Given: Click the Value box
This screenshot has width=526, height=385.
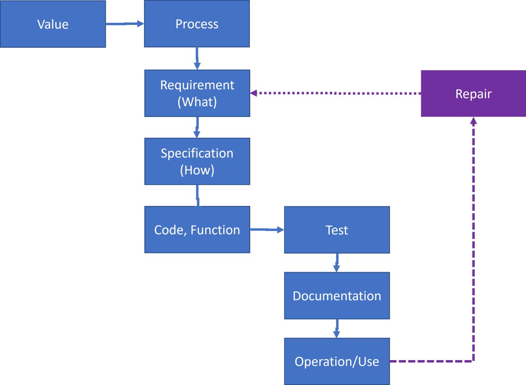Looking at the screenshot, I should pos(53,24).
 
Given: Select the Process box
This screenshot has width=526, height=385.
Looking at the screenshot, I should pos(197,24).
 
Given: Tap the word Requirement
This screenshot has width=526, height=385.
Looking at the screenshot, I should pos(197,85).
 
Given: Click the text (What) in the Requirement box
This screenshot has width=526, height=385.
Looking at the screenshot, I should pos(197,102).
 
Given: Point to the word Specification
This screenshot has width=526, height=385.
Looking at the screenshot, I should pos(197,153).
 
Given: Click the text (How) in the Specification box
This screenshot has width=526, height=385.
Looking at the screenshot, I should pos(197,170).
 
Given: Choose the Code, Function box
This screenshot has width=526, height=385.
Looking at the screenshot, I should pos(197,230).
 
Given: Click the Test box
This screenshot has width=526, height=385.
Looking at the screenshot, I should pos(337,230).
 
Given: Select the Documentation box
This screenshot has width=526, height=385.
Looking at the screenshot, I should pos(337,296).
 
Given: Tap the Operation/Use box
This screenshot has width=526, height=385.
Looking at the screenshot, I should pos(337,361).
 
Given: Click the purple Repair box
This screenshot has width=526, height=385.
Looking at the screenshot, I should pos(473,94).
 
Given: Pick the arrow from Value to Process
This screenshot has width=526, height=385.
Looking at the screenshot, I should pos(125,24).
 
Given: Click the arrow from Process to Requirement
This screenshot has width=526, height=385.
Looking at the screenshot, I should pos(197,58).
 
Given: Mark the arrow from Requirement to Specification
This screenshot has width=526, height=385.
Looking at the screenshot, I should pos(197,127).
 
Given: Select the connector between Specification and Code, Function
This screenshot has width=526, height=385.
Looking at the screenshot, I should pos(197,195).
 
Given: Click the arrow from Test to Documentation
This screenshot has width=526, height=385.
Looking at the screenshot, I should pos(336,262).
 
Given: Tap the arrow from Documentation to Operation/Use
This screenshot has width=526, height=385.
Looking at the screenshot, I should pos(336,328).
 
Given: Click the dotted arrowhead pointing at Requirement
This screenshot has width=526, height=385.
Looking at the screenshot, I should pos(253,93).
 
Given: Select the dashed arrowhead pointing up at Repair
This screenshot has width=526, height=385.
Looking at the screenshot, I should pos(473,120).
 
